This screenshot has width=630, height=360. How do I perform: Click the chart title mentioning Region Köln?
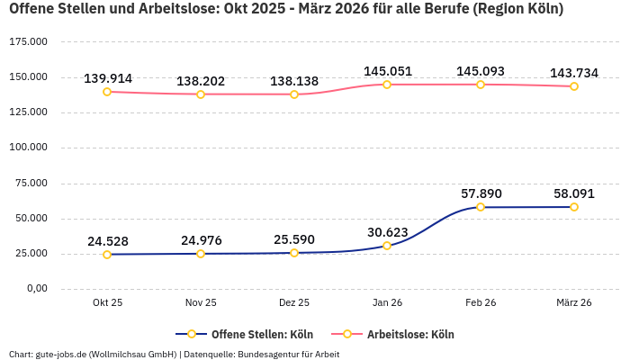(x=286, y=10)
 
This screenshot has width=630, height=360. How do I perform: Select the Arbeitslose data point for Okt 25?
(x=107, y=92)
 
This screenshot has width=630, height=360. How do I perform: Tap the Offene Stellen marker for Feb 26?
(x=481, y=207)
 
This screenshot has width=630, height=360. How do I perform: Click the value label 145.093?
(x=481, y=71)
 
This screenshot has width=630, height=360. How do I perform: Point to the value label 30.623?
(x=388, y=231)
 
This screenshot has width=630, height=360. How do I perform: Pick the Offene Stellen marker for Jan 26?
(x=387, y=246)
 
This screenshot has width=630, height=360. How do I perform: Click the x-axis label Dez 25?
(x=294, y=303)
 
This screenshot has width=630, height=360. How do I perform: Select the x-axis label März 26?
(x=574, y=303)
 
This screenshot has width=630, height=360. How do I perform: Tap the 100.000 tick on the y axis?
(x=28, y=148)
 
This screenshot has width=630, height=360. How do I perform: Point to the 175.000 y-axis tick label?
(x=28, y=42)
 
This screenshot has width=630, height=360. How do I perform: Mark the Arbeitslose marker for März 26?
(x=574, y=86)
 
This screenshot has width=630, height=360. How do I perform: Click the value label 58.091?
(x=574, y=193)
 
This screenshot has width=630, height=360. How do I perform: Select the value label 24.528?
(x=108, y=241)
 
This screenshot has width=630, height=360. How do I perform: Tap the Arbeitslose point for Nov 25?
(x=201, y=94)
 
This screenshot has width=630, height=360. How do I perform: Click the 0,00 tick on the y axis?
(x=36, y=289)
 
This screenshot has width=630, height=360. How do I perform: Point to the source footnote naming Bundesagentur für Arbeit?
(x=174, y=354)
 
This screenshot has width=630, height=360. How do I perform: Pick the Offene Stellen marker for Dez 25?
(x=294, y=253)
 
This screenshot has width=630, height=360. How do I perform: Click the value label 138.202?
(x=201, y=81)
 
